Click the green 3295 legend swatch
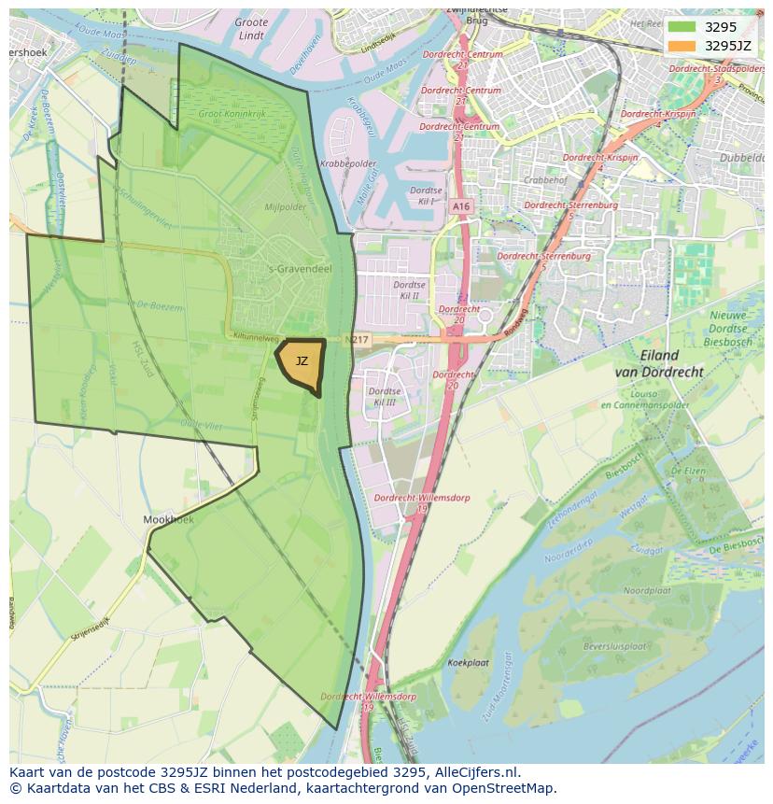682,26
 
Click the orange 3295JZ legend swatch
682,45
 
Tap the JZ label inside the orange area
302,361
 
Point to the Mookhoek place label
168,519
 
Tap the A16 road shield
460,206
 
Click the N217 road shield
357,341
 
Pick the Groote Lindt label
251,28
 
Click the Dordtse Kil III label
385,396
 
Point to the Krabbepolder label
341,162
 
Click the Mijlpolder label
285,207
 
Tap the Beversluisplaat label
614,645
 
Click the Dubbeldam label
741,158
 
